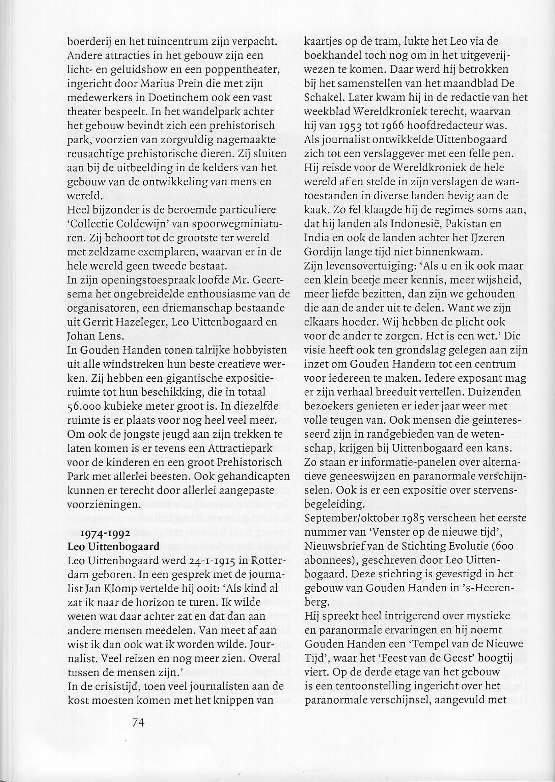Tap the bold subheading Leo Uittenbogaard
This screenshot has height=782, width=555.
(x=114, y=547)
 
